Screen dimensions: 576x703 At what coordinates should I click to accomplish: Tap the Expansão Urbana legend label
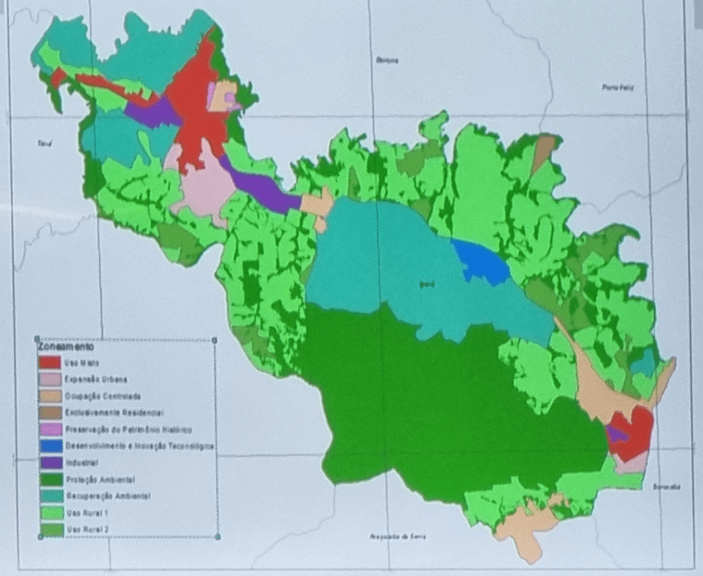click(96, 379)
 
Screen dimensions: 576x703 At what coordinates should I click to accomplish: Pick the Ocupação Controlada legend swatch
click(49, 396)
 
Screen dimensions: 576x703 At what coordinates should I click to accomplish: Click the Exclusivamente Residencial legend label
click(113, 413)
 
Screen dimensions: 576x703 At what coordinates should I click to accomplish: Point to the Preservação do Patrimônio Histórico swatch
click(49, 429)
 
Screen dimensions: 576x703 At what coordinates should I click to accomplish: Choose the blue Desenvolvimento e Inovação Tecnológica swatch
click(49, 446)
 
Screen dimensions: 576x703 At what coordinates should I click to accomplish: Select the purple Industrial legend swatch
click(49, 462)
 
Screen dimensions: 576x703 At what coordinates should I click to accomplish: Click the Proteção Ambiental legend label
click(100, 479)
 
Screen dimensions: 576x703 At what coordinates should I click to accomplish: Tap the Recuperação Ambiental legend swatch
click(49, 495)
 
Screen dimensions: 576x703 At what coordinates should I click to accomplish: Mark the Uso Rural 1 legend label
click(87, 512)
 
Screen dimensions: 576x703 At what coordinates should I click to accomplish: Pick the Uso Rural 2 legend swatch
click(49, 529)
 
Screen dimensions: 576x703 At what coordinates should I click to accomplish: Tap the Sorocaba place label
click(666, 487)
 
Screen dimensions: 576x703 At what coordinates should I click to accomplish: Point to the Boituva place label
click(387, 60)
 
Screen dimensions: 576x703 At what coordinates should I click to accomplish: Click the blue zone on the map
click(481, 262)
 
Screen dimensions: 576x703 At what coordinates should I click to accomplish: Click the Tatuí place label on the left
click(45, 144)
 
